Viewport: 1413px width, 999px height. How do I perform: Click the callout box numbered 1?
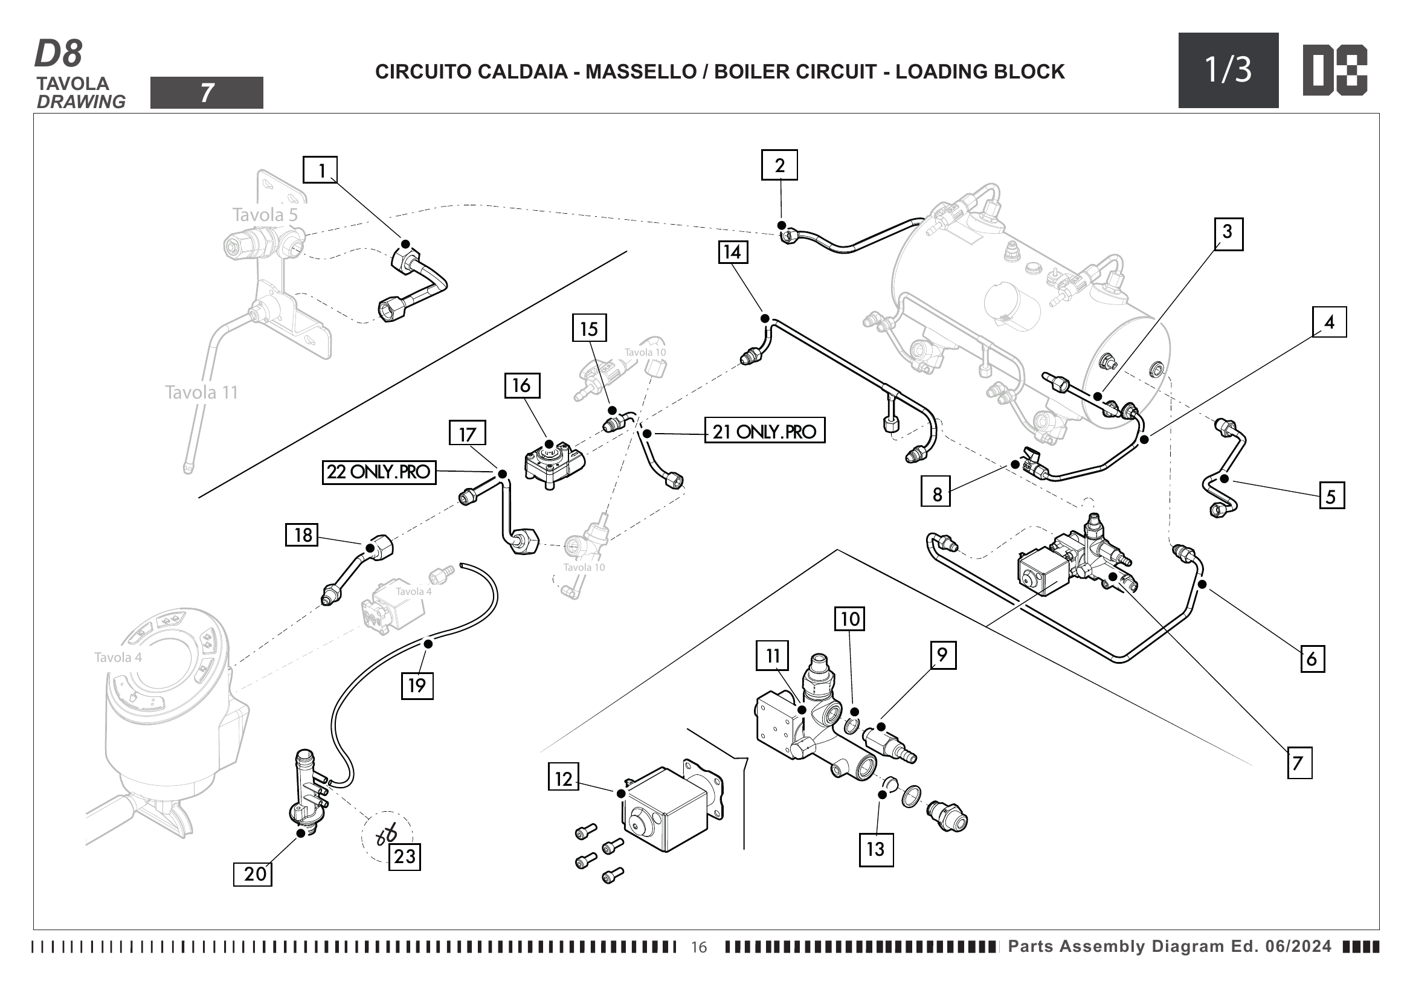coord(320,170)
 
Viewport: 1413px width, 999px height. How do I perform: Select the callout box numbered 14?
coord(732,252)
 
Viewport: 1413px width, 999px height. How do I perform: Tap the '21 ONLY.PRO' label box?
coord(764,431)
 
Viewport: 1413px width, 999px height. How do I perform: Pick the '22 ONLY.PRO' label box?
coord(379,472)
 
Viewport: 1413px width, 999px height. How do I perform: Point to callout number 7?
coord(1299,763)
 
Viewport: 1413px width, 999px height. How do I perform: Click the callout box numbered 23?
coord(404,856)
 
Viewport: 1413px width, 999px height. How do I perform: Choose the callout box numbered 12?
coord(563,779)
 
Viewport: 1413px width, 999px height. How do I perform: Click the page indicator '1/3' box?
coord(1228,70)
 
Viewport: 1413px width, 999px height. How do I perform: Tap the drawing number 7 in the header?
coord(207,93)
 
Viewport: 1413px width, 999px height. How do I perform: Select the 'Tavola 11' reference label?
coord(201,393)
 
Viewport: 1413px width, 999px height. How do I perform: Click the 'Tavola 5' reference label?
coord(265,214)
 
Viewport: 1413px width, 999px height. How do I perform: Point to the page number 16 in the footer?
coord(699,946)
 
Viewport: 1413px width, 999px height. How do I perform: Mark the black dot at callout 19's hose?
coord(428,643)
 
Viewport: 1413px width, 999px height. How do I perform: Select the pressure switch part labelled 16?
coord(553,464)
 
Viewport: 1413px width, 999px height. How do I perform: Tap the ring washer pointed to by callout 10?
coord(851,727)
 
